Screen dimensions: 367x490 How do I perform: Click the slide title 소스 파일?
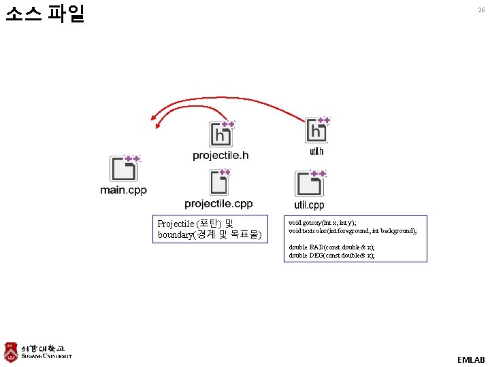(44, 14)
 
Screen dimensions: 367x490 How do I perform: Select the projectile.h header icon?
(222, 134)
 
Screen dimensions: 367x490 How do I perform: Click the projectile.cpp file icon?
(220, 182)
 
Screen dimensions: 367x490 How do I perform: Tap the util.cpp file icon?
(310, 184)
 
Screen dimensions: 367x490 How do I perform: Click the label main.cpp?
(123, 190)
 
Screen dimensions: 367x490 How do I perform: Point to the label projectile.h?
(220, 156)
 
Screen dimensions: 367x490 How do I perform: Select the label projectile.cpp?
(218, 204)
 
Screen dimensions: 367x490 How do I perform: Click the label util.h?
(317, 152)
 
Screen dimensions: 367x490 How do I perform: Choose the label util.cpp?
(309, 205)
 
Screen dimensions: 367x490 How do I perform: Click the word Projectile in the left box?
(175, 224)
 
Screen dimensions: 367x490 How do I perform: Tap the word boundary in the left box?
(176, 235)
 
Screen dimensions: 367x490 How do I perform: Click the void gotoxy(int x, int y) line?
(322, 223)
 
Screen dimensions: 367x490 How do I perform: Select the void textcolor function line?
(353, 231)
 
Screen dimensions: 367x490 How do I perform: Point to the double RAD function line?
(331, 247)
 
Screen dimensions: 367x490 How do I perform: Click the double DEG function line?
(331, 256)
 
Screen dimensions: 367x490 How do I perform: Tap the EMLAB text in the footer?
(471, 359)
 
